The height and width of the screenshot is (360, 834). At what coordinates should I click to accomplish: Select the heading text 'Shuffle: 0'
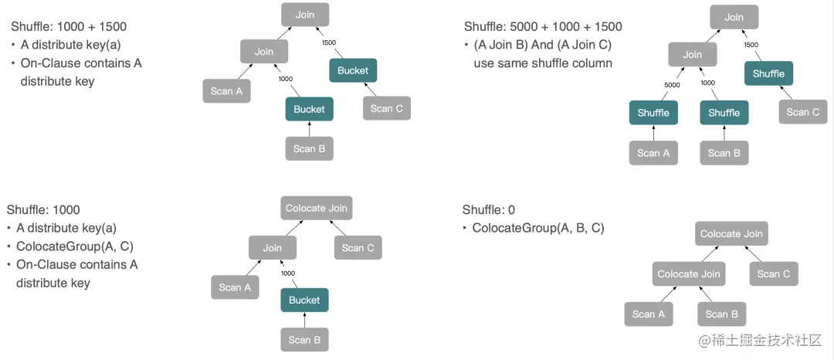pos(489,209)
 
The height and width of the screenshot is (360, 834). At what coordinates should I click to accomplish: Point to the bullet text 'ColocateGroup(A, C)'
pos(75,246)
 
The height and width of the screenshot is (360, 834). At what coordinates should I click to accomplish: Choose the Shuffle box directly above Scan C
pos(768,73)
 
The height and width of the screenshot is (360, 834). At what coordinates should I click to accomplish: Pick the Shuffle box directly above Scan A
pos(653,113)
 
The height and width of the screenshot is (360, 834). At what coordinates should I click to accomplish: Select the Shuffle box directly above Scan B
pos(724,113)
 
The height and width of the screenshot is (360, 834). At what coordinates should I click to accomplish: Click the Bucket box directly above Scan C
pos(353,70)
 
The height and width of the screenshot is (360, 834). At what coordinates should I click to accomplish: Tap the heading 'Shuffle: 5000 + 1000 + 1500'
pos(543,26)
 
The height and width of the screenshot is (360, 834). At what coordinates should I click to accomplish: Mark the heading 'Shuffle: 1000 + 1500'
pos(69,26)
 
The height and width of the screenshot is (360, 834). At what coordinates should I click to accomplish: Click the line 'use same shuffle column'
pos(543,63)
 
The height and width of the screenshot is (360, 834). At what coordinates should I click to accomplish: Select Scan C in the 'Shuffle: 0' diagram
pos(773,273)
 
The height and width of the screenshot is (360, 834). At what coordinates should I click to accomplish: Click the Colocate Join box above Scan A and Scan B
pos(688,273)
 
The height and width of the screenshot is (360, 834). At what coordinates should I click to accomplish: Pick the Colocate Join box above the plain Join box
pos(317,208)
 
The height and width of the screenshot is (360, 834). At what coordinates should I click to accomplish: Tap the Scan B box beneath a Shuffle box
pos(724,153)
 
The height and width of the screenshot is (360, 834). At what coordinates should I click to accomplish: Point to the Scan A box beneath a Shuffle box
pos(653,153)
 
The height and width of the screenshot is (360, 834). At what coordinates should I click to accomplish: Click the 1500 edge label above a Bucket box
pos(329,42)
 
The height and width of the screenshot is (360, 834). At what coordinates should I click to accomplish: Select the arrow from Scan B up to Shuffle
pos(724,133)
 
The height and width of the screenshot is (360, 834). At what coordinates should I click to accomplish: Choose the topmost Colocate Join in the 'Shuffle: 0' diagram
pos(731,233)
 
